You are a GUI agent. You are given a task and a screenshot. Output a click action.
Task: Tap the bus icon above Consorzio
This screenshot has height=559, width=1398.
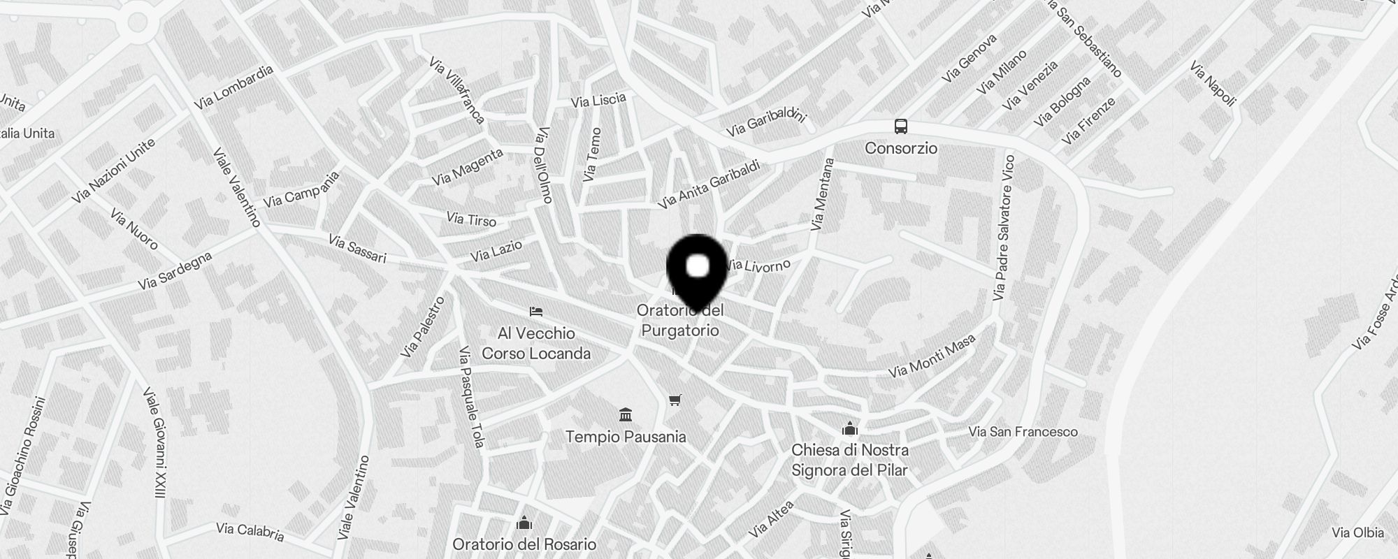pos(901,126)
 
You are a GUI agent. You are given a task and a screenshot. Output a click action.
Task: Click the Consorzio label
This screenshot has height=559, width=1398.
pos(901,148)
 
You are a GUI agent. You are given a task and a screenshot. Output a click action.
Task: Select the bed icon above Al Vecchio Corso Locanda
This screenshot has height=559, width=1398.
pos(536,311)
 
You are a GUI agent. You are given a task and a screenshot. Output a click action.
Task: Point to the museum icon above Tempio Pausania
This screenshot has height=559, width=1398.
pos(626,414)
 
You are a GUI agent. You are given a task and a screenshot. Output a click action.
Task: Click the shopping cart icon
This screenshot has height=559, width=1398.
pos(675,400)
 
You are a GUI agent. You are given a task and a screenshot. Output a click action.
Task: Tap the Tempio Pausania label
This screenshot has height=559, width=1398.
pos(626,437)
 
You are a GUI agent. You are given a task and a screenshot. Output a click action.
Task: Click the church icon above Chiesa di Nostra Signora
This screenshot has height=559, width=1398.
pos(850,428)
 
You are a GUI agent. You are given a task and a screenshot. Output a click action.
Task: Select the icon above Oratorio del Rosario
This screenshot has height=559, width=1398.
pos(524,523)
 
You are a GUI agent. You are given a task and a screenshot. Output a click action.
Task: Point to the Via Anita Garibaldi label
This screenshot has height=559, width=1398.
pos(709,185)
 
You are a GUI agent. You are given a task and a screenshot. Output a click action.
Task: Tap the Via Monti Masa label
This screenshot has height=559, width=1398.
pos(932,356)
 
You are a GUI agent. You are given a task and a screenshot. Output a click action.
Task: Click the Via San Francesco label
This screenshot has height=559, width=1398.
pos(1023,432)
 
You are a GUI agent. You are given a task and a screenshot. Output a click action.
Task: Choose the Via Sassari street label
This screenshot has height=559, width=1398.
pos(357,249)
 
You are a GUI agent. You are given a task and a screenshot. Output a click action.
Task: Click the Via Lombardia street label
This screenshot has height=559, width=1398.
pos(233,87)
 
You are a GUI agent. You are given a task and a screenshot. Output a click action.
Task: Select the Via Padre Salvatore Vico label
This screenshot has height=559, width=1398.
pos(1003,228)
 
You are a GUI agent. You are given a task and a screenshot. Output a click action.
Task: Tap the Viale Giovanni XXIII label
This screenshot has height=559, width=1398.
pos(154,443)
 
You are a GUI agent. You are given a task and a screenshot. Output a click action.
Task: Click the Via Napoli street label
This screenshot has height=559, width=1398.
pos(1213,85)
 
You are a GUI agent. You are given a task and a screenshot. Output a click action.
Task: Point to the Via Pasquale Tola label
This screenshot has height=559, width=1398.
pos(470,396)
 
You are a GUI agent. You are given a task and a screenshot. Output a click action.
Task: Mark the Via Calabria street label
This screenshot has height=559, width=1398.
pos(250,532)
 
